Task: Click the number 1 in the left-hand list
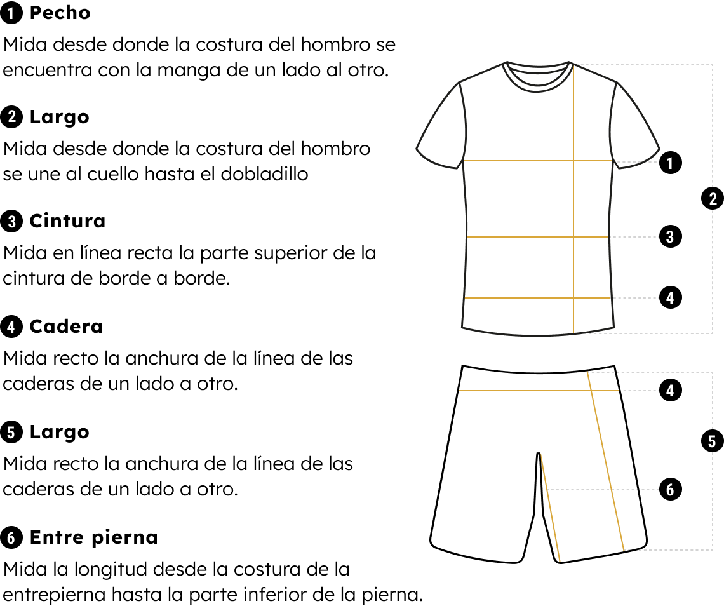pos(11,13)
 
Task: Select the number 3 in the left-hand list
pos(11,222)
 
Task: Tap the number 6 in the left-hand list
pos(11,539)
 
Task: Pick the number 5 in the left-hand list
pos(11,433)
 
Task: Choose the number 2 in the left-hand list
pos(11,117)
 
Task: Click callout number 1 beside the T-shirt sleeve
pos(669,164)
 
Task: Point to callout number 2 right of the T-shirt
pos(713,199)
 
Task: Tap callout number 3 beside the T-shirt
pos(669,238)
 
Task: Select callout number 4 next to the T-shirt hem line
pos(669,298)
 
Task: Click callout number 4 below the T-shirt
pos(669,391)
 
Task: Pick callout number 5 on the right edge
pos(712,442)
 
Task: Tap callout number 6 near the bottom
pos(669,490)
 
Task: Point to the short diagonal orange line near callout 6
pos(550,507)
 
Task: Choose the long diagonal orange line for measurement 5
pos(605,461)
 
